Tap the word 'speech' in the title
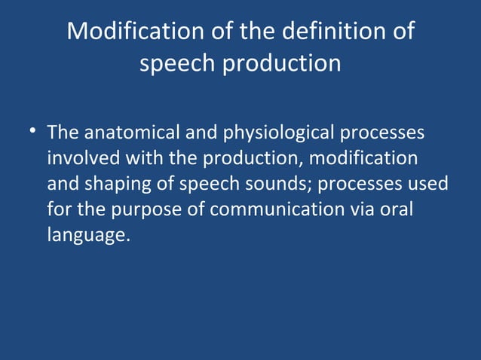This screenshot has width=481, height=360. tap(176, 63)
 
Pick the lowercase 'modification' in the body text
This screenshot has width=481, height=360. tap(363, 158)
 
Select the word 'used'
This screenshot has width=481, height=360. tap(427, 184)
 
